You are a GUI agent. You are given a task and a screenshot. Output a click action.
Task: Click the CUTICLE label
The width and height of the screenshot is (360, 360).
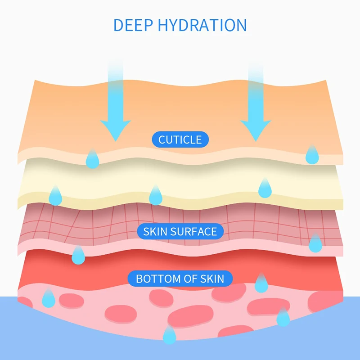point(180,139)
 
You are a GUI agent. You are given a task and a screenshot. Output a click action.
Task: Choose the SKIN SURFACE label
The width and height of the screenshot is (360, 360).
point(180,232)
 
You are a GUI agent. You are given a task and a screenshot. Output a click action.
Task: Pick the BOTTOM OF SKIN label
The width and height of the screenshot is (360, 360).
point(180,279)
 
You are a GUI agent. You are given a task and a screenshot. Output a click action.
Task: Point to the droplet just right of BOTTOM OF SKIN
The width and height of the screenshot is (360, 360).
point(261,283)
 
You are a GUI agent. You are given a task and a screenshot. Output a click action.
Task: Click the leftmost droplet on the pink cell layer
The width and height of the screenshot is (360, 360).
point(48,298)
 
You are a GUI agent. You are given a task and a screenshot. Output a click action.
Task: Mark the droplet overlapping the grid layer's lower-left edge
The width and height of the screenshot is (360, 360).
point(78,255)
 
